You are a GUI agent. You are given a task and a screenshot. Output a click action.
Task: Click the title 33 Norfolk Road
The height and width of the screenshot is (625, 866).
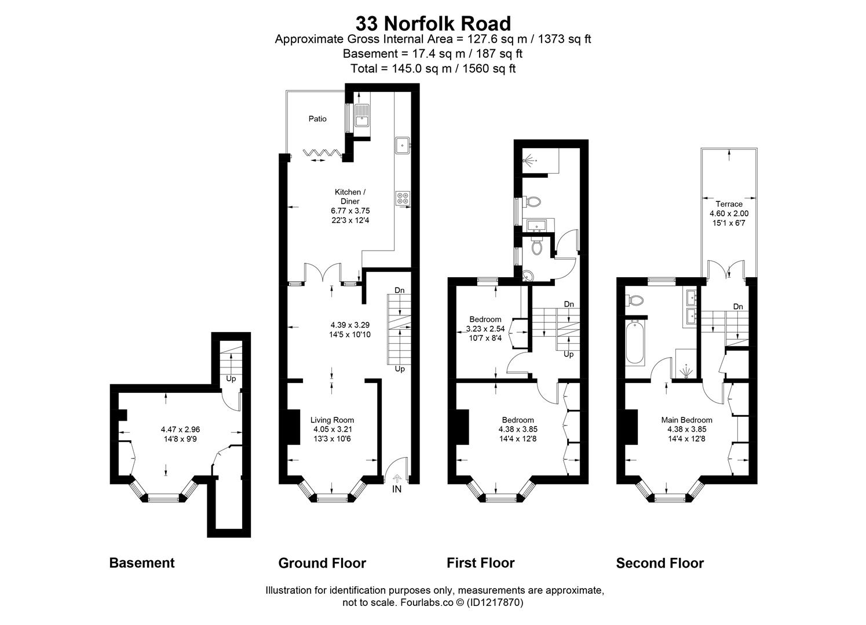(433, 24)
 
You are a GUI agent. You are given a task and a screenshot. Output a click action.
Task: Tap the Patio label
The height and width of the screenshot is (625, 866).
(317, 119)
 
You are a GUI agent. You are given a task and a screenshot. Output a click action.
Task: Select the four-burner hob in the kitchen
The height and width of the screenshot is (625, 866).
(402, 197)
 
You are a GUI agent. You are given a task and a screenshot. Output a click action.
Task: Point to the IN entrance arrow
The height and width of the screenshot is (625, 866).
(397, 480)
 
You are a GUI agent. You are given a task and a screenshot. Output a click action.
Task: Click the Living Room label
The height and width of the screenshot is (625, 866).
(332, 420)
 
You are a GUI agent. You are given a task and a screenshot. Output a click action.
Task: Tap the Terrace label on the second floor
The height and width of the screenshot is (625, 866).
(728, 204)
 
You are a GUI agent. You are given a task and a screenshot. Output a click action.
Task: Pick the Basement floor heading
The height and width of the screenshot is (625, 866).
(141, 562)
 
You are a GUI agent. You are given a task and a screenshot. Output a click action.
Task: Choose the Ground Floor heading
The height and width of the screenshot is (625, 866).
(322, 562)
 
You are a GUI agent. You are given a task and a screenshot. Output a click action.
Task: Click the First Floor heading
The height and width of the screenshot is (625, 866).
(480, 562)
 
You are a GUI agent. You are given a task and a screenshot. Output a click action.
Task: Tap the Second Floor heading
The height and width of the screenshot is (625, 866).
(660, 562)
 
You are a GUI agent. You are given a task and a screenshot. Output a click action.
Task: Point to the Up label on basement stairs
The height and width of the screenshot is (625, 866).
(231, 380)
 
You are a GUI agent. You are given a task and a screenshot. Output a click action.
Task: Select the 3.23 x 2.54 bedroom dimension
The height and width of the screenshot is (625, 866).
(485, 329)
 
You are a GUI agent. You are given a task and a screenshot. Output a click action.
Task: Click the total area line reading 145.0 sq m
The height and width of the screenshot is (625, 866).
(433, 68)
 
